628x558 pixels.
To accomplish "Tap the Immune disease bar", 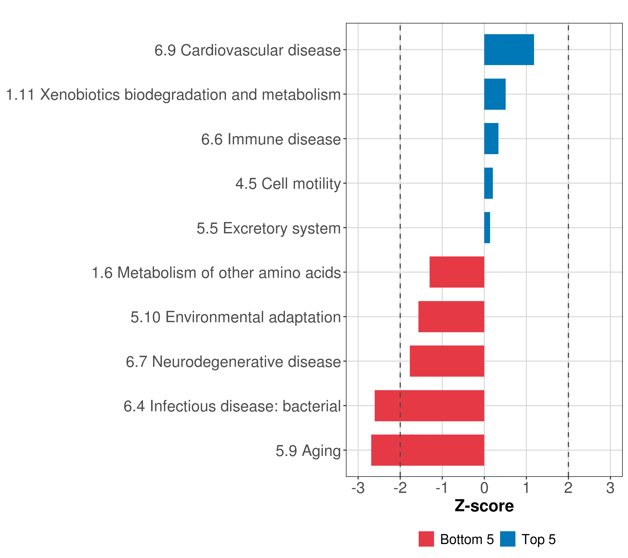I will [x=491, y=139].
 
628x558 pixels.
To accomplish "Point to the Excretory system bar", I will [x=487, y=228].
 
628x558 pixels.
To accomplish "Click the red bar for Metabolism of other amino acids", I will [x=457, y=272].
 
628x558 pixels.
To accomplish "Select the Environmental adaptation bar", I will [x=451, y=317].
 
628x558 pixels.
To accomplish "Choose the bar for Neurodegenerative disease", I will [x=447, y=361].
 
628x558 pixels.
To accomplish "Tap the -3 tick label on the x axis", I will [x=358, y=488].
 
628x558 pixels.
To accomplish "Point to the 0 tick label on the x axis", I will [x=484, y=488].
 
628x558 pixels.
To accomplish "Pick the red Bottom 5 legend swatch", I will [x=426, y=539].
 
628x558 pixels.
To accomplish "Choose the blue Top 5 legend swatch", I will [x=508, y=539].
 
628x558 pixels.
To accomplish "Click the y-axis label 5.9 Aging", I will [x=308, y=451].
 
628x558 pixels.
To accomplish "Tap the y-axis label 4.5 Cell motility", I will [x=288, y=184].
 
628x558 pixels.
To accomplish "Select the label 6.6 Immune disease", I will [x=271, y=139].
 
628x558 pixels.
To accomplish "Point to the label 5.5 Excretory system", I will [x=269, y=228].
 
